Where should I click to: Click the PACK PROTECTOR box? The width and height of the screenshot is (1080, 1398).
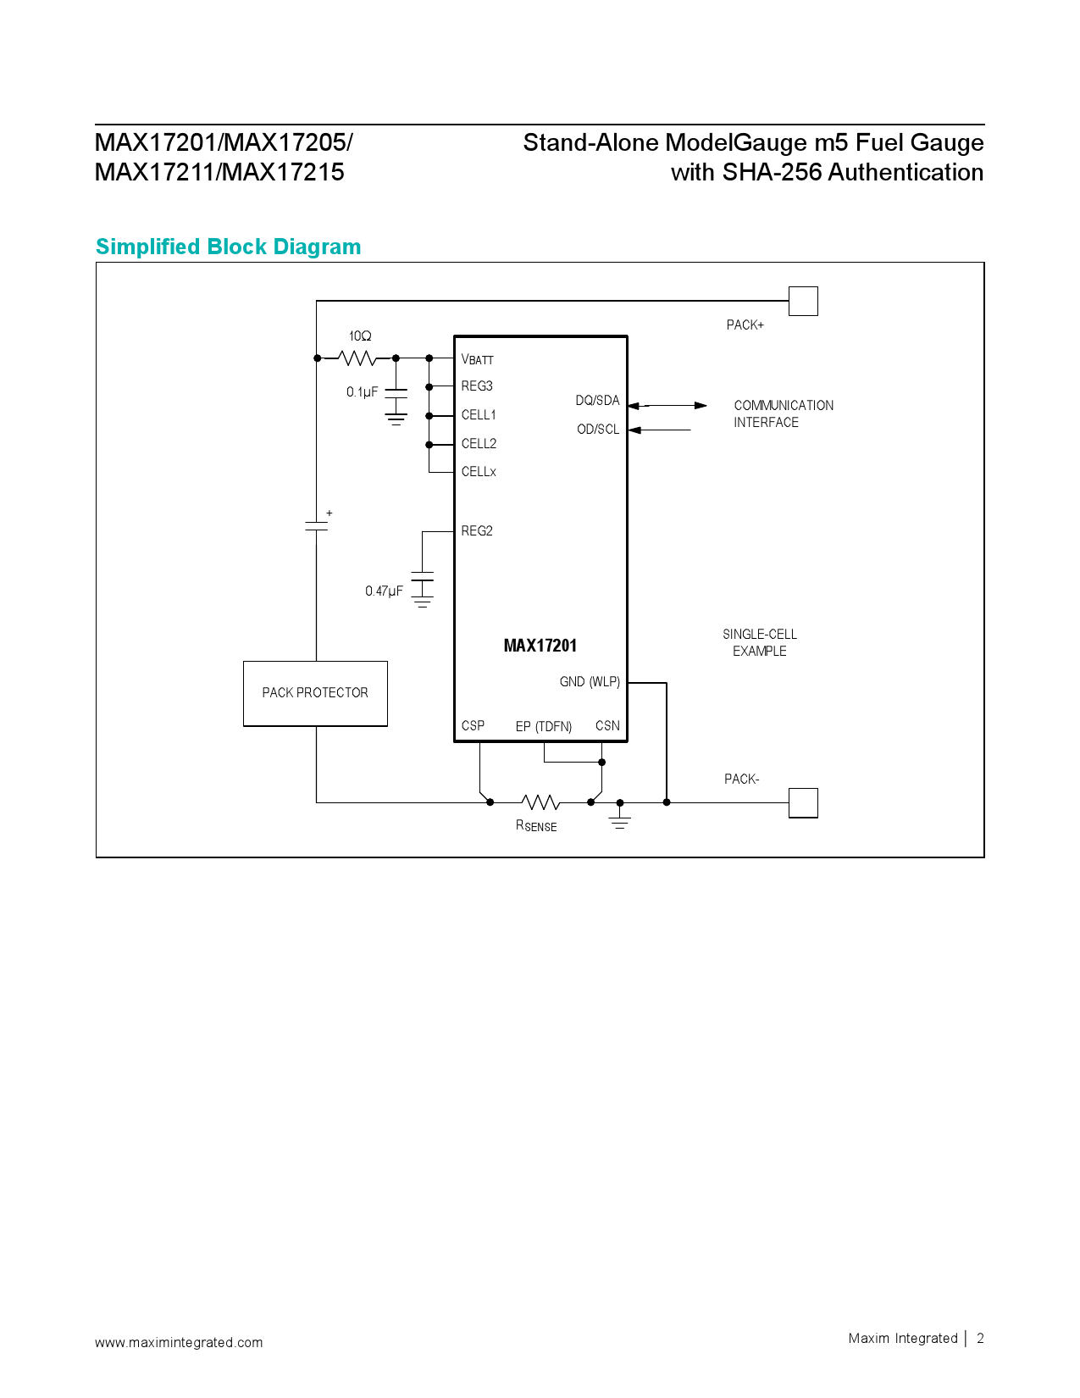click(x=315, y=693)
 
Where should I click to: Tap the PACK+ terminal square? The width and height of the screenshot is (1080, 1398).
click(x=803, y=301)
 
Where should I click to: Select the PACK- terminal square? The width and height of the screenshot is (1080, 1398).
click(x=803, y=802)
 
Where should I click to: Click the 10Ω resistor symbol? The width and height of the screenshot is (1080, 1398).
click(x=358, y=358)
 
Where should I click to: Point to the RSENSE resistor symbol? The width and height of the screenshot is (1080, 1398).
click(x=540, y=802)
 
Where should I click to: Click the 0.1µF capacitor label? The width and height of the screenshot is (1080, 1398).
click(x=362, y=392)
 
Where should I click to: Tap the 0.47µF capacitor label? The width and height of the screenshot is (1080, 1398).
click(x=384, y=591)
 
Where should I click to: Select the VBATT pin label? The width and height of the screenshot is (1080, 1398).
click(x=477, y=359)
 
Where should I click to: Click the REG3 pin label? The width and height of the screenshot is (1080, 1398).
click(x=477, y=386)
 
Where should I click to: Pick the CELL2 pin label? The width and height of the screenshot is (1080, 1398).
click(x=479, y=444)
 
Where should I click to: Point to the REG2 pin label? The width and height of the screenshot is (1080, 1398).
click(x=477, y=531)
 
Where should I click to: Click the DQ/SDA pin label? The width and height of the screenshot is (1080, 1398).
click(x=597, y=401)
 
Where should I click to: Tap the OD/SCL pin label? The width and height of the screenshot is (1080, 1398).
click(x=598, y=430)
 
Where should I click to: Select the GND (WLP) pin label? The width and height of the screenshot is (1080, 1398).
click(x=590, y=682)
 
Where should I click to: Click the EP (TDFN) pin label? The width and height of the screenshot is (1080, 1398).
click(x=544, y=727)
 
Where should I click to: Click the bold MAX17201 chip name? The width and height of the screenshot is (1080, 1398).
click(x=540, y=646)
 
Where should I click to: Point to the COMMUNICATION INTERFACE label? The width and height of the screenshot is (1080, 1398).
click(x=784, y=413)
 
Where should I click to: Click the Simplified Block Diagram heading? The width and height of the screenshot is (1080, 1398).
click(x=229, y=247)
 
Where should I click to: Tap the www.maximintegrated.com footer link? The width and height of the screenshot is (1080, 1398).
click(x=179, y=1342)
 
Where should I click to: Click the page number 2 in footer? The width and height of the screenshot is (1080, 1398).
click(x=980, y=1339)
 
